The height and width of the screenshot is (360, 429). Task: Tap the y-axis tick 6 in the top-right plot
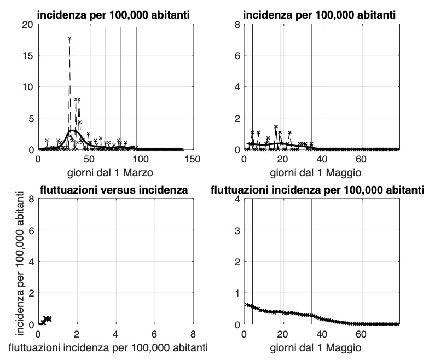point(237,55)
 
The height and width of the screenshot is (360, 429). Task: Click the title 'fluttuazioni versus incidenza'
point(115,190)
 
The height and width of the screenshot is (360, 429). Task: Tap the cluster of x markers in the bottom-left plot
point(46,320)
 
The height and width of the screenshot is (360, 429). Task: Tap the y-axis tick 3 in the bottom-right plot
point(237,230)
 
